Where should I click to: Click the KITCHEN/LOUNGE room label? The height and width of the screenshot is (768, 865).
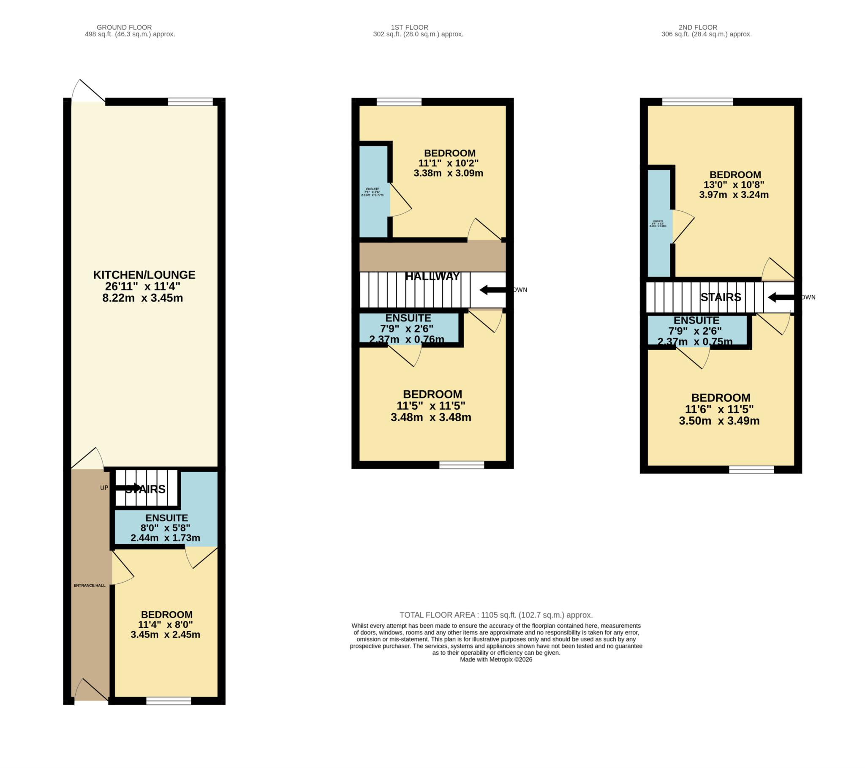coord(144,275)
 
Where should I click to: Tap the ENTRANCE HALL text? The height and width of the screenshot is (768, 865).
coord(89,586)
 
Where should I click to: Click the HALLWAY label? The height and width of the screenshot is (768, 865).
coord(432,276)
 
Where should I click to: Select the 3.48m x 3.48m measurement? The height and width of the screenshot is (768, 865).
coord(430,417)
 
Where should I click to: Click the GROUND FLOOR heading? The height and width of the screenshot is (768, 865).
coord(124,27)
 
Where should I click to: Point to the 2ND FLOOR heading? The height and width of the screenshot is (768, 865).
coord(706,27)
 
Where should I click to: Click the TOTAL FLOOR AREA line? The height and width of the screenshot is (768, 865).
coord(495,615)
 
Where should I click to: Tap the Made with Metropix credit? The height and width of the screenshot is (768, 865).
coord(495,659)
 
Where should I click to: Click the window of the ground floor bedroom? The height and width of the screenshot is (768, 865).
coord(169,702)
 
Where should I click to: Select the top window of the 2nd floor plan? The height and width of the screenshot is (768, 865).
coord(697,102)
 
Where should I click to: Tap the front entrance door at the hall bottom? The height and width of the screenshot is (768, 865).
coord(91,691)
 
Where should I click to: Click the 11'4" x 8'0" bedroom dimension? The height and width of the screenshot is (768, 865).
coord(166,624)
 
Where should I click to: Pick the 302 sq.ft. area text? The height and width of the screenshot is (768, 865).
coord(418,34)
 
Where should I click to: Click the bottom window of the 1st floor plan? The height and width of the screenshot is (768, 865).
coord(461,465)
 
